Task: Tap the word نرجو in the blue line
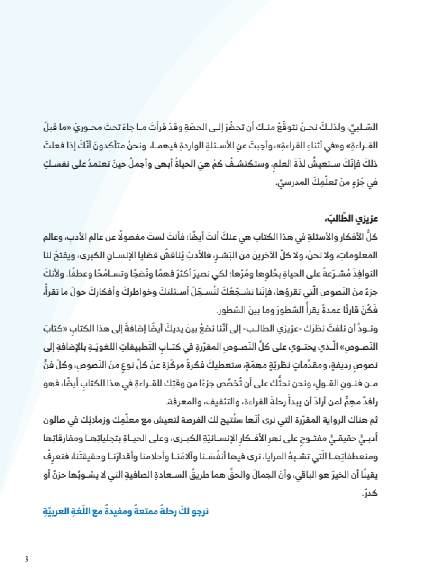pos(199,511)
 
